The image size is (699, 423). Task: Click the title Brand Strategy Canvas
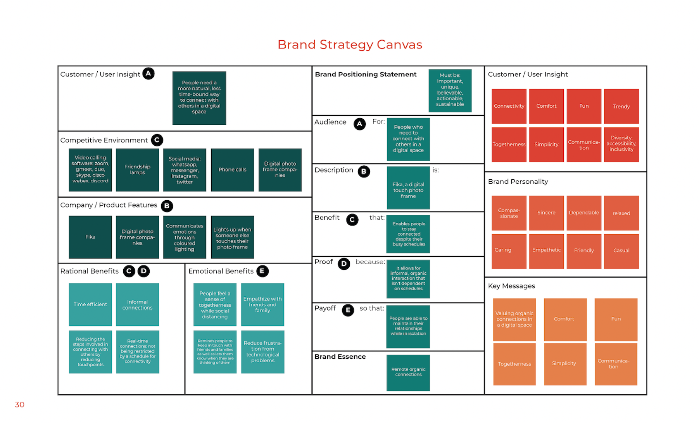coord(350,45)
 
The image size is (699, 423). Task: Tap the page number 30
coord(19,404)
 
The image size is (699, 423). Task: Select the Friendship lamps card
coord(137,170)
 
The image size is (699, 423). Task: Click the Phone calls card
coord(232,170)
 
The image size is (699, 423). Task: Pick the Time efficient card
coord(90,304)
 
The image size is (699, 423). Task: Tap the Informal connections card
coord(137,304)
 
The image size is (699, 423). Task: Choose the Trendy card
coord(621,107)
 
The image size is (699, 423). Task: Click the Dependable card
coord(584,213)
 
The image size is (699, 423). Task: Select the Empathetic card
coord(546,251)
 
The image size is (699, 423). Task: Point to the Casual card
coord(621,251)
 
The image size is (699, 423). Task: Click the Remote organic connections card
coord(408,372)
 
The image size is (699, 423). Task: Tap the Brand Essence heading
coord(340,357)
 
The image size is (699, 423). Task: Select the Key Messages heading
coord(511,286)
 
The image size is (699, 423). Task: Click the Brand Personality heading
coord(518,182)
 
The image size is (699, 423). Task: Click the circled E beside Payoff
coord(348,310)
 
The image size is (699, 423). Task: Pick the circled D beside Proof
coord(343,264)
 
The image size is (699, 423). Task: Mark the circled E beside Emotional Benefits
coord(262,271)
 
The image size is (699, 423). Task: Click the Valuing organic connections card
coord(514,319)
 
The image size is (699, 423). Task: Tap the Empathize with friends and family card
coord(262,304)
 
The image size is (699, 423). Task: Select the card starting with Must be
coord(450,90)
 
